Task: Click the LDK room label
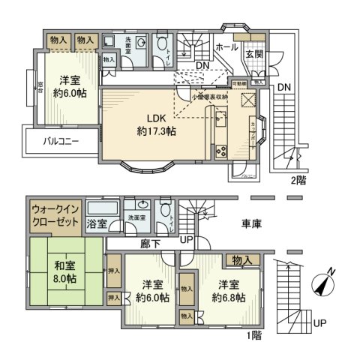click(x=156, y=118)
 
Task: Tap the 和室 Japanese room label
click(x=63, y=263)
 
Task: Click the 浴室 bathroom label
click(x=95, y=223)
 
